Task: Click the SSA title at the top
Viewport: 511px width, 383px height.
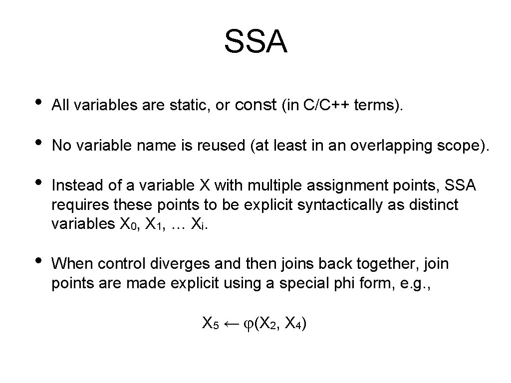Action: point(255,41)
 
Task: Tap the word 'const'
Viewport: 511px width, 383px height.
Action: point(255,105)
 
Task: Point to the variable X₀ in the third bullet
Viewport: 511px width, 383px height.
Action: point(127,225)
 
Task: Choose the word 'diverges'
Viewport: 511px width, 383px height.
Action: point(185,264)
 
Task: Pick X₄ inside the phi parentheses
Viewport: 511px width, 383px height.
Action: point(292,324)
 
